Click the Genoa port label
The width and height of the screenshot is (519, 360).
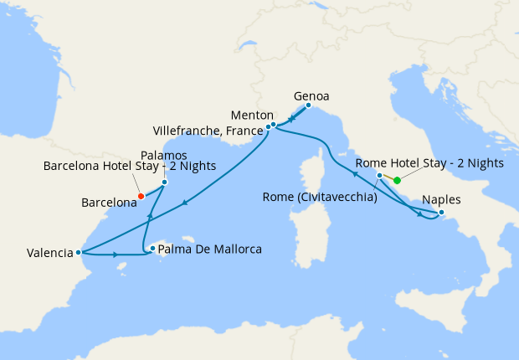[312, 96]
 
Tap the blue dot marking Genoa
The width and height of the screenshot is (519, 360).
[308, 105]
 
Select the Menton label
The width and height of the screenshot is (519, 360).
[252, 115]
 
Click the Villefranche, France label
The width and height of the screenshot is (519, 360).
[207, 130]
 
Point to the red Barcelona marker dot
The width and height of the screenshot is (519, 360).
[141, 197]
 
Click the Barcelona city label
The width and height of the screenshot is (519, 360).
[109, 203]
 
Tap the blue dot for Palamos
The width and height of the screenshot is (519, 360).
[164, 182]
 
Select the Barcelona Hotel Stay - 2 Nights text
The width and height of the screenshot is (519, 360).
[129, 167]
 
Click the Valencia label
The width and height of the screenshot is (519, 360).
[49, 252]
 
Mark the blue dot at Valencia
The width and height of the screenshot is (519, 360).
[78, 252]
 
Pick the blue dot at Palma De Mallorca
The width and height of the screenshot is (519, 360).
[152, 248]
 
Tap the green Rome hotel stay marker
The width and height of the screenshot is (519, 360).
[397, 180]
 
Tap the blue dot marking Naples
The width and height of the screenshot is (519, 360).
[441, 211]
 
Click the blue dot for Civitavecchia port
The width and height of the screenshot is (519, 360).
[380, 176]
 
